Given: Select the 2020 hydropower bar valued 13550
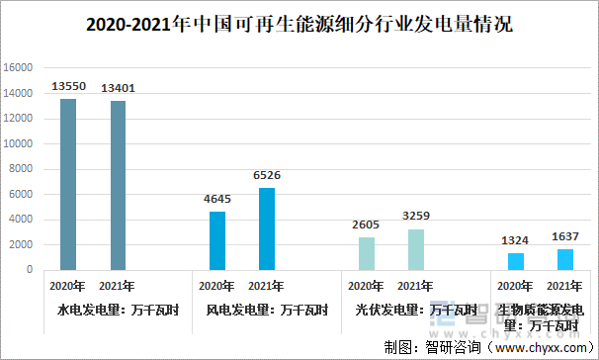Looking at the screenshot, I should click(68, 184).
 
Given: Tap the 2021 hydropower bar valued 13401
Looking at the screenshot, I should click(118, 185).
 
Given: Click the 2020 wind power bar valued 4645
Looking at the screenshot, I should click(216, 240).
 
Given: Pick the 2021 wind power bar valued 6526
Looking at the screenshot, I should click(266, 228).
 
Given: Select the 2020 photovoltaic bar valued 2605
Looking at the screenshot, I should click(366, 253).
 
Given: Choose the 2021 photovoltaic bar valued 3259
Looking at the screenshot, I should click(415, 249).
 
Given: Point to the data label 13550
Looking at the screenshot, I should click(68, 87).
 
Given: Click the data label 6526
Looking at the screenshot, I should click(266, 175).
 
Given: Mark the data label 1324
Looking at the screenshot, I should click(515, 240).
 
